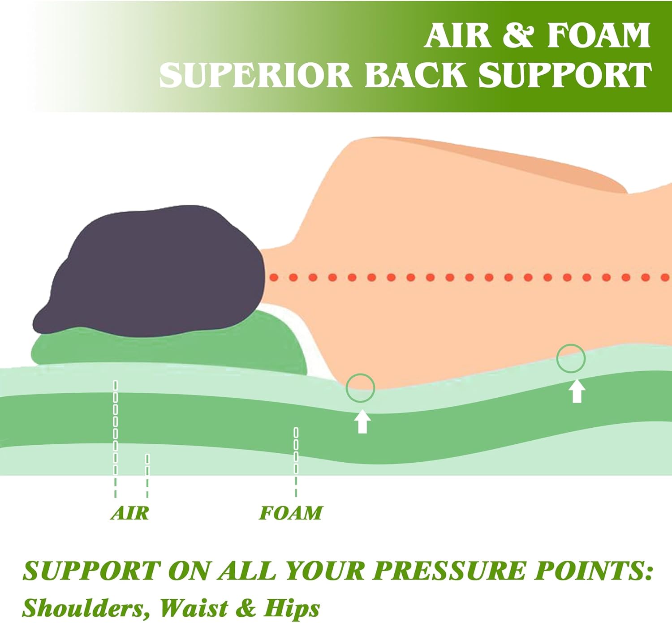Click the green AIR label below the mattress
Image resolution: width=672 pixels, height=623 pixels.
pyautogui.click(x=130, y=513)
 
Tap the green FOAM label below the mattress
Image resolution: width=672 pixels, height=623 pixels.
pyautogui.click(x=291, y=513)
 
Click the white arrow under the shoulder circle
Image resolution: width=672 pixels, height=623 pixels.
pyautogui.click(x=362, y=421)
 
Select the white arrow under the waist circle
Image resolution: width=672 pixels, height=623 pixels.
pyautogui.click(x=577, y=391)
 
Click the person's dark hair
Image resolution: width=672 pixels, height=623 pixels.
pyautogui.click(x=152, y=271)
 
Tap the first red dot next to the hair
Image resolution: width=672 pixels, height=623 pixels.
pyautogui.click(x=274, y=278)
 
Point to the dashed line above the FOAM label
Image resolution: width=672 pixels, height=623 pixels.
pyautogui.click(x=296, y=462)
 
